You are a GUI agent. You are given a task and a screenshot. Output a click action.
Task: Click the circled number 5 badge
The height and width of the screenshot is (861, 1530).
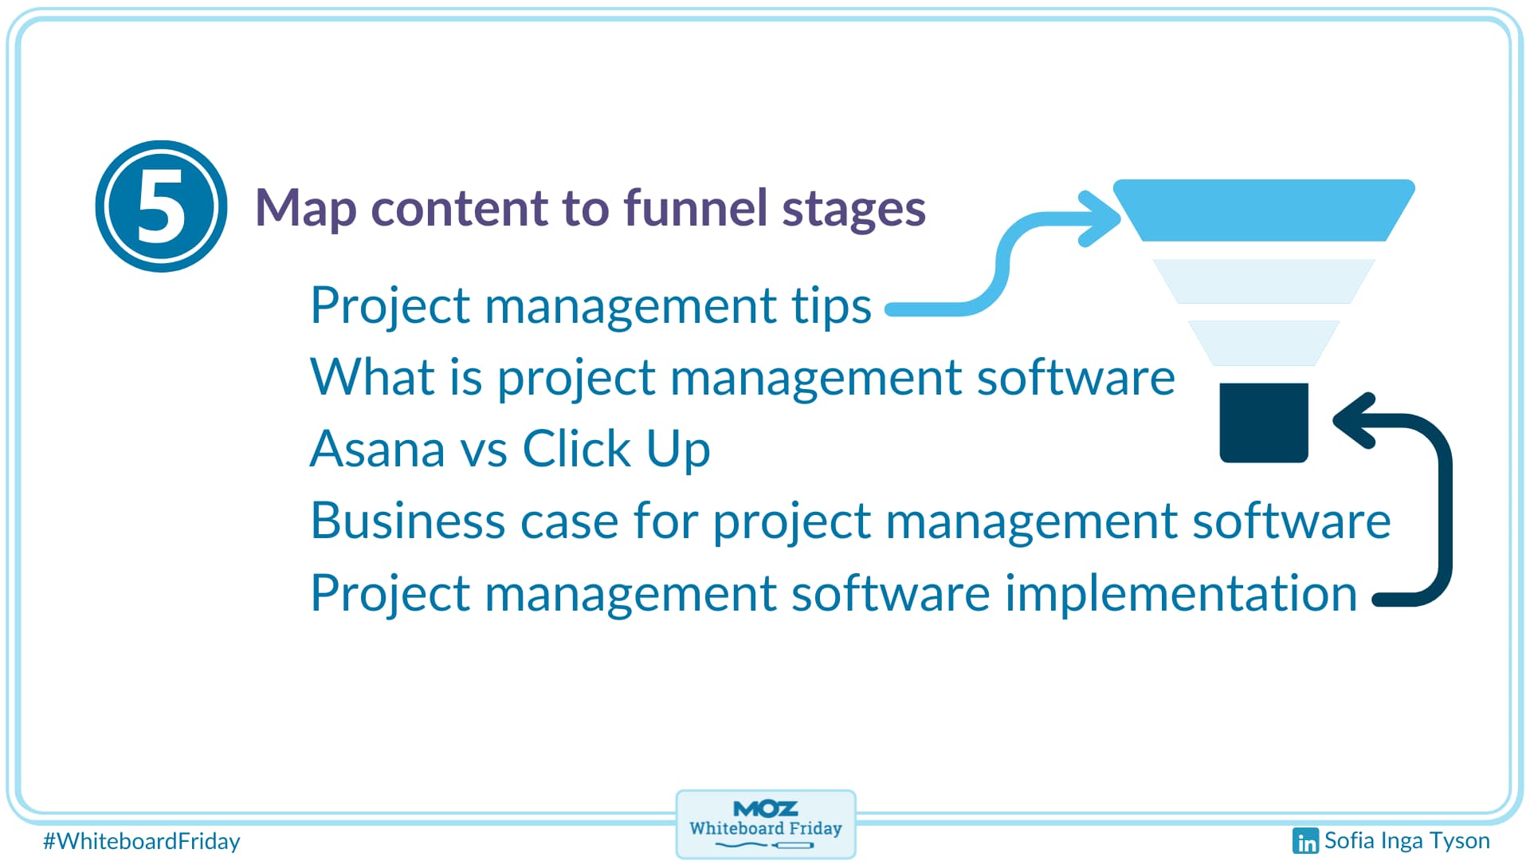coord(161,206)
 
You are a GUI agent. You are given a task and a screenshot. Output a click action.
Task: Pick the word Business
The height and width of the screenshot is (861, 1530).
coord(408,521)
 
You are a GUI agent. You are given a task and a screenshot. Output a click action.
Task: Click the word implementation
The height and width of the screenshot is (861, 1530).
coord(1181,594)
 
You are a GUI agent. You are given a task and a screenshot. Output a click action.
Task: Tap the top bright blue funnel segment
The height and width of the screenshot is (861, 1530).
coord(1264,210)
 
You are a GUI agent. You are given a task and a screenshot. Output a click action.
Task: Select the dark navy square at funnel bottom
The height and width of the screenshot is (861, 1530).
coord(1264,423)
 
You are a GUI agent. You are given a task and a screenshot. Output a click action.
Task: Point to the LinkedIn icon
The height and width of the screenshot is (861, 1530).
coord(1305,840)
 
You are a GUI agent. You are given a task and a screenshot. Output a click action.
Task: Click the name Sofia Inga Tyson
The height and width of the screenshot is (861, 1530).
coord(1406,840)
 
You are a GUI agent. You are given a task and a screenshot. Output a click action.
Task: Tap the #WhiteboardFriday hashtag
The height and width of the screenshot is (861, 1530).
coord(142,841)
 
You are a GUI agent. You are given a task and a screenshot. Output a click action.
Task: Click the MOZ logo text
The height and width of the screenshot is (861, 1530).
coord(765,808)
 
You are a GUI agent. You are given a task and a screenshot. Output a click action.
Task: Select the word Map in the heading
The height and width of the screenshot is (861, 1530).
coord(306,209)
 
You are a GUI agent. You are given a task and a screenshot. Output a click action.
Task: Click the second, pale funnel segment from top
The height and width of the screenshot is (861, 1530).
coord(1264,281)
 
